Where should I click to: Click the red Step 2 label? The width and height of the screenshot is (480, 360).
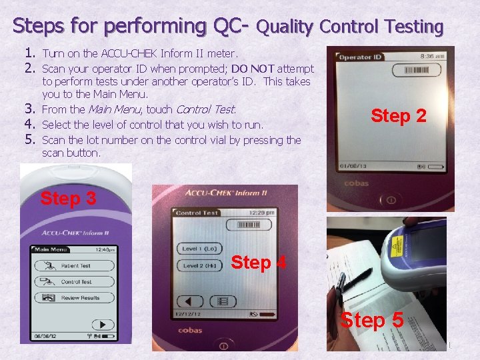tap(398, 116)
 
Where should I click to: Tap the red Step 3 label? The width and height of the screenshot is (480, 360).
tap(68, 198)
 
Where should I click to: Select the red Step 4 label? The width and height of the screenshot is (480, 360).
tap(258, 263)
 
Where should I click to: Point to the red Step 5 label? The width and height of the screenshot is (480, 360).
tap(371, 320)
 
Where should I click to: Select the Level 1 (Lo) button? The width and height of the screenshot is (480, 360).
tap(199, 249)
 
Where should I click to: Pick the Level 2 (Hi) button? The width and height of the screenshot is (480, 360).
tap(199, 265)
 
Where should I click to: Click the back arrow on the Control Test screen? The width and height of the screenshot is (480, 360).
tap(189, 301)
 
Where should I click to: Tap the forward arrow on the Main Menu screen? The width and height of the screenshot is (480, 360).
tap(102, 325)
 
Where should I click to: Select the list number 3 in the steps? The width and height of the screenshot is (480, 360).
tap(29, 109)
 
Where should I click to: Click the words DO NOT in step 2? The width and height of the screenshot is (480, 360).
tap(253, 68)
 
